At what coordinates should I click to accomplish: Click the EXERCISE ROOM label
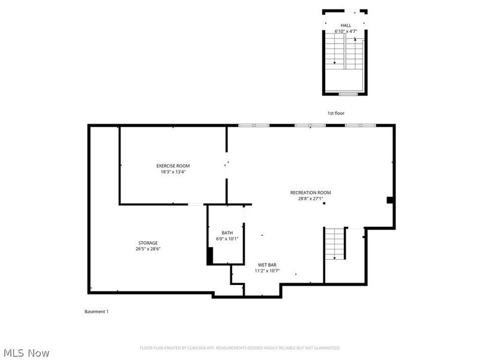(x=173, y=166)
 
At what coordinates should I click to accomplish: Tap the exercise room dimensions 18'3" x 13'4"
(x=173, y=172)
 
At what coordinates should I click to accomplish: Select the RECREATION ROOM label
(x=310, y=193)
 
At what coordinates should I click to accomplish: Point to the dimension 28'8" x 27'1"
(x=310, y=199)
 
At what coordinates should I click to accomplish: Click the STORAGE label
(x=148, y=243)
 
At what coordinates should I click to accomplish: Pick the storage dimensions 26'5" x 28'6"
(x=148, y=249)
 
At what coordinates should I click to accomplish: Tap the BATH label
(x=227, y=233)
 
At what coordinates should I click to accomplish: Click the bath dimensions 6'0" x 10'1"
(x=227, y=239)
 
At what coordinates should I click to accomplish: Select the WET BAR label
(x=267, y=265)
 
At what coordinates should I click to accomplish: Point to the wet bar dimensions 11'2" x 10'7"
(x=267, y=271)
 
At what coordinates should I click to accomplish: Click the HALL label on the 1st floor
(x=346, y=25)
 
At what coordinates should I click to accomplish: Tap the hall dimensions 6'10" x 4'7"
(x=346, y=31)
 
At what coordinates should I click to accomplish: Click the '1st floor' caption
(x=336, y=113)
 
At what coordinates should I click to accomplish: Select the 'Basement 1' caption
(x=96, y=311)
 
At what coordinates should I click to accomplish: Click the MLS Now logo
(x=26, y=353)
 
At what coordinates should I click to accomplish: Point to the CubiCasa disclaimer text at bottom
(x=240, y=348)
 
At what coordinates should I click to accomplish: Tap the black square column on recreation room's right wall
(x=389, y=200)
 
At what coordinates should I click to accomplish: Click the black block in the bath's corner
(x=210, y=256)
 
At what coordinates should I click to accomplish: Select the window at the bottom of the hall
(x=348, y=94)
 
